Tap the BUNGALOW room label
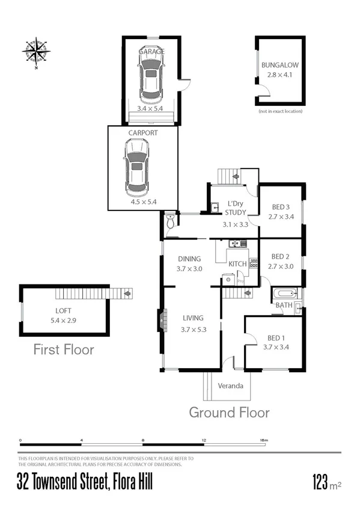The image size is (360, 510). [279, 66]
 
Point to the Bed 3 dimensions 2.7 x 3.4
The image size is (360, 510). [281, 217]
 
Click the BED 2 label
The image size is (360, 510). [281, 256]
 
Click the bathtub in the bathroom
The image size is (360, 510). [284, 295]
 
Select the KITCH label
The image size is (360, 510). [237, 264]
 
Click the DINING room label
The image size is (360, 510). [189, 259]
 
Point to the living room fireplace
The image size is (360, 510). [160, 319]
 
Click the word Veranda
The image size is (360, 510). [230, 386]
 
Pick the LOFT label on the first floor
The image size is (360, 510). [63, 312]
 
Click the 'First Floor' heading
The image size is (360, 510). [64, 349]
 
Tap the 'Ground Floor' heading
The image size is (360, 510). [229, 413]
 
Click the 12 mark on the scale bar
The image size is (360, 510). [204, 441]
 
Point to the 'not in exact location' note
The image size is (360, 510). [279, 111]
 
